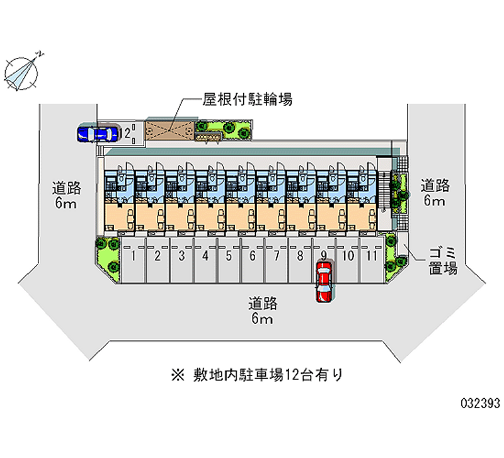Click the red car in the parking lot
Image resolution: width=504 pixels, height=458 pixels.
(323, 282)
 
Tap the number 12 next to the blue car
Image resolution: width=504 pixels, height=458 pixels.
(127, 133)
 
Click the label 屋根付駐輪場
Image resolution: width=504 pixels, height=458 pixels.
(246, 99)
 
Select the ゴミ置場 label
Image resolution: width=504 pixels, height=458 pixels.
(442, 261)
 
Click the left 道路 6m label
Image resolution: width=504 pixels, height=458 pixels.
(66, 195)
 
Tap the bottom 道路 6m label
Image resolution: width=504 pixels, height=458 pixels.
(262, 311)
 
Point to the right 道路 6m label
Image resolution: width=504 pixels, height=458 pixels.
(435, 193)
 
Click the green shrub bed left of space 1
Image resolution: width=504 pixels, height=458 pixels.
(107, 256)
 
